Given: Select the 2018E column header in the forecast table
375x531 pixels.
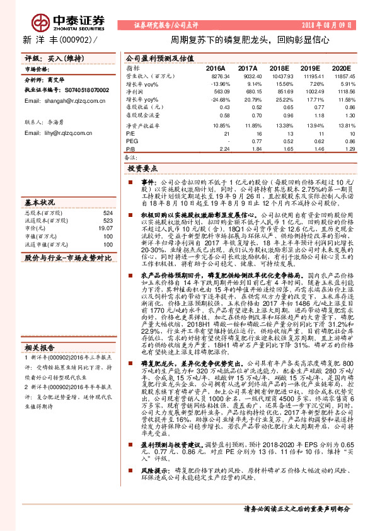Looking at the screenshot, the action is [x=278, y=67].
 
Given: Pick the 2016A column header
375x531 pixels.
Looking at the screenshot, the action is [x=216, y=67].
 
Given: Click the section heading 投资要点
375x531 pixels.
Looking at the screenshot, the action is [x=143, y=170].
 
